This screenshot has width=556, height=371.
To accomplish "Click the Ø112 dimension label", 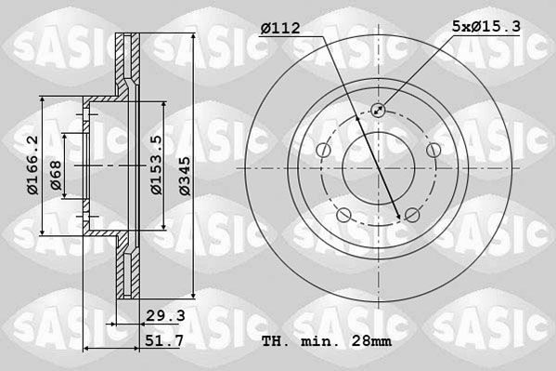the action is click(280, 28).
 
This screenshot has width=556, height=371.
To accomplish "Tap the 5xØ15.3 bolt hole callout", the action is click(486, 26).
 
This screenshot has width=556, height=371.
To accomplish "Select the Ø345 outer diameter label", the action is click(185, 176).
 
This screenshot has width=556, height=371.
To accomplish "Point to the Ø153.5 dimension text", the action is click(156, 165).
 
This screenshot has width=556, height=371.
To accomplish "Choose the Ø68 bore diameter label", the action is click(56, 175).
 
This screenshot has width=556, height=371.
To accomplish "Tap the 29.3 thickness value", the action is click(166, 315).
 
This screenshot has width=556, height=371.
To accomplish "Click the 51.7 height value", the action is click(164, 341).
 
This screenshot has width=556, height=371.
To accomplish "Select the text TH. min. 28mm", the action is click(327, 341).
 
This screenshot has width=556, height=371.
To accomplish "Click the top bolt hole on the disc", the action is click(378, 110).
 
